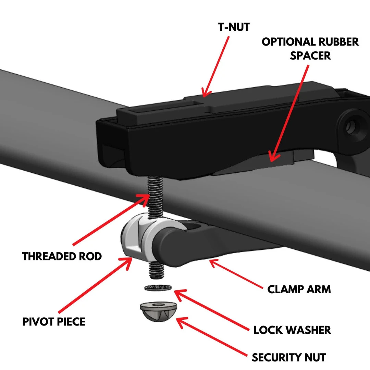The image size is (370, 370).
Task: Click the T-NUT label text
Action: click(x=234, y=27)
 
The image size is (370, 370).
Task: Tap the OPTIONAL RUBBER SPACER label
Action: click(x=310, y=48)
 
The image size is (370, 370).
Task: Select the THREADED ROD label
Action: click(x=62, y=256)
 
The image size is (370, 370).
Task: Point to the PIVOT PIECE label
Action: click(x=54, y=321)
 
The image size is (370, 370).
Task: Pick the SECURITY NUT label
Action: click(x=288, y=357)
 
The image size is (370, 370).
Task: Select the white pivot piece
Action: click(x=135, y=233)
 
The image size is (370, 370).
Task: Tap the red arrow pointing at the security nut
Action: click(x=212, y=337)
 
